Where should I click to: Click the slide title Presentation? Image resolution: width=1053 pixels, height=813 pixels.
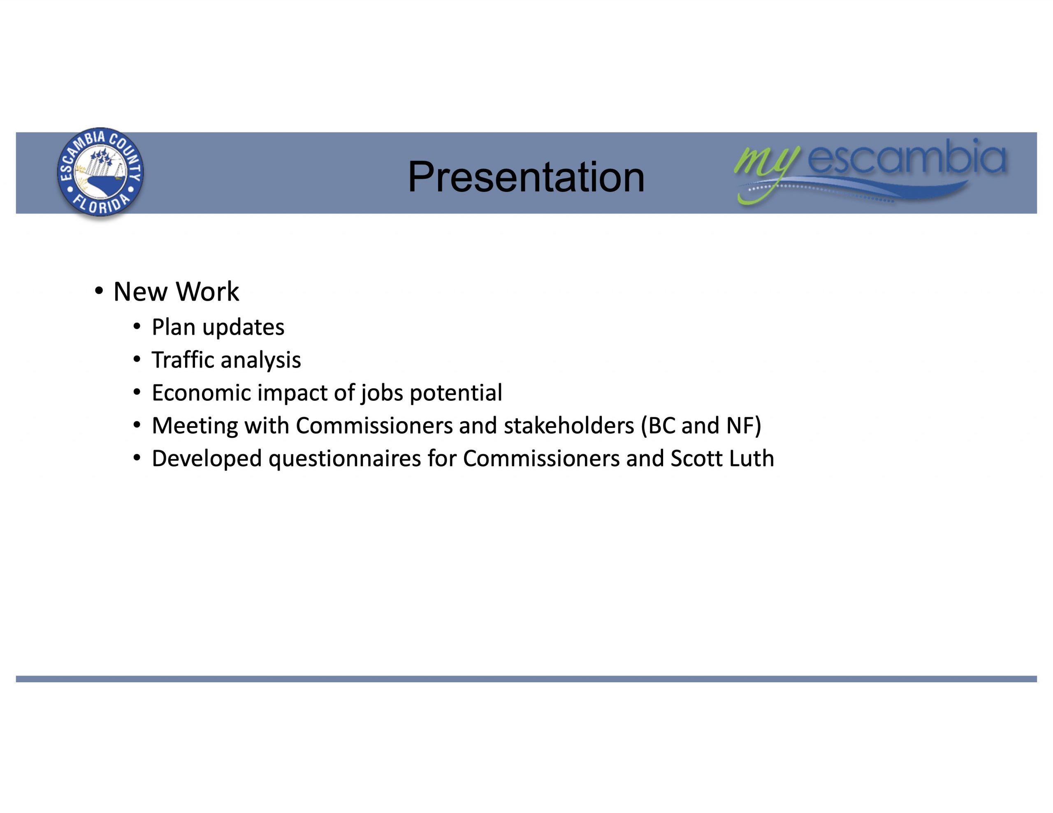[x=526, y=176]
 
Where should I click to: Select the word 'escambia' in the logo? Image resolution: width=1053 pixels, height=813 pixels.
[x=907, y=157]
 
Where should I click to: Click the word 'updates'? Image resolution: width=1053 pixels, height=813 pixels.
[x=243, y=328]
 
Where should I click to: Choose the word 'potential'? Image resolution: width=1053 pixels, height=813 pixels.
[x=456, y=393]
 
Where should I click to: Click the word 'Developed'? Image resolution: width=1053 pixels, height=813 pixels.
[x=207, y=459]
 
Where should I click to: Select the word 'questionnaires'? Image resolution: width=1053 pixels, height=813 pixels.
[x=345, y=459]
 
